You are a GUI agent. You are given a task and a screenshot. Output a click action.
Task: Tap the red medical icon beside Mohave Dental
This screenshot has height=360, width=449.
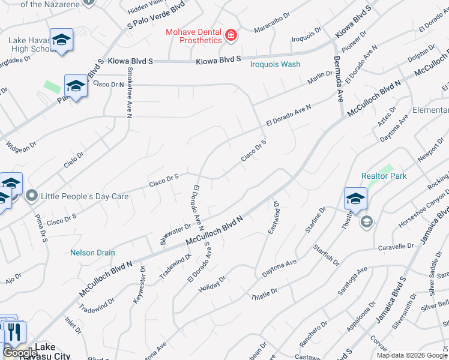coord(231,36)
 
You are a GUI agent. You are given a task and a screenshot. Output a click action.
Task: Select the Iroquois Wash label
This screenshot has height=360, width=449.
coord(275,64)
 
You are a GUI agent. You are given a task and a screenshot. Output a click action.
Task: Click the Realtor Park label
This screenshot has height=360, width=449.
coord(384,176)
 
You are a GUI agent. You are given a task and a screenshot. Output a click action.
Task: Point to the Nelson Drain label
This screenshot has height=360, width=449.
coord(92,253)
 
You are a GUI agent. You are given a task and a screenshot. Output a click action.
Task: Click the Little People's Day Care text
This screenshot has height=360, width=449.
coord(77,196)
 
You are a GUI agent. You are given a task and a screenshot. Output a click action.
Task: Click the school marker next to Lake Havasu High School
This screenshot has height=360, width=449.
coord(61,40)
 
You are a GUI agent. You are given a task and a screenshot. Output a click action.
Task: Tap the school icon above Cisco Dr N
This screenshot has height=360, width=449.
coord(76,86)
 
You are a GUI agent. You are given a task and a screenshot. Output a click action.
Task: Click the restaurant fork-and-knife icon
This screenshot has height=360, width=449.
coord(14,332)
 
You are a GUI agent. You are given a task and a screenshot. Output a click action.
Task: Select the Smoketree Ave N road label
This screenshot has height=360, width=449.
coord(129,92)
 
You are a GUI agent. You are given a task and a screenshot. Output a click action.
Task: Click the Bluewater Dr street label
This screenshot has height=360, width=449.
coord(175,233)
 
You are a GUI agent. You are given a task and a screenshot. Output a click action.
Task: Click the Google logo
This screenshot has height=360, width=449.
coord(20,353)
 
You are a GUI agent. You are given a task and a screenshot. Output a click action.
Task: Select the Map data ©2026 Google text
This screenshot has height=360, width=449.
coord(411,355)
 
